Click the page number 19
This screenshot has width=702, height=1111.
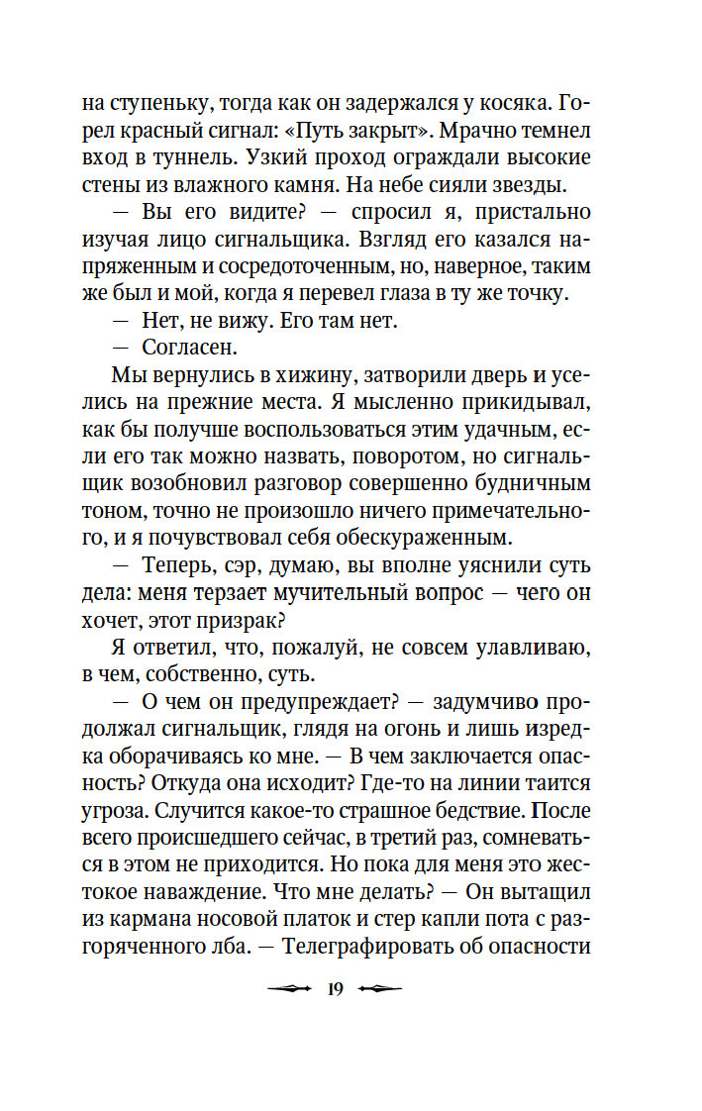pos(333,988)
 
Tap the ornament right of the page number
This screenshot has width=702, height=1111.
pos(379,988)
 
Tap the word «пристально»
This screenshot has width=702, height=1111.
pos(539,212)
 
